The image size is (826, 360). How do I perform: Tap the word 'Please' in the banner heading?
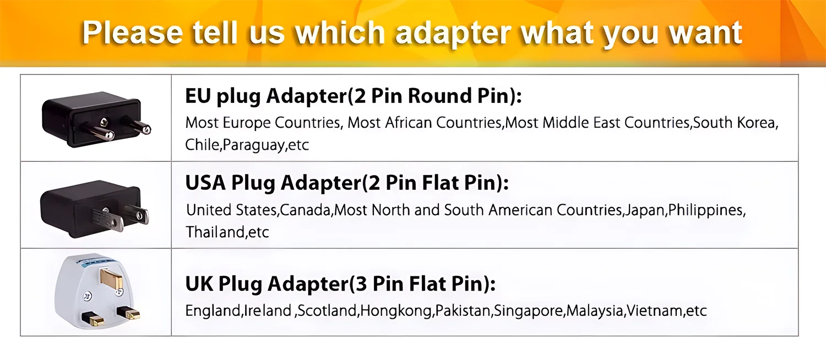pos(132,32)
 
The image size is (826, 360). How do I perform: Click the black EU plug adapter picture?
pos(96,119)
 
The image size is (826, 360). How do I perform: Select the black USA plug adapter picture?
pos(95,209)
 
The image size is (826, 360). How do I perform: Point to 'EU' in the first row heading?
pos(198,96)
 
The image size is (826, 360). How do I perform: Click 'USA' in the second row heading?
pos(205,183)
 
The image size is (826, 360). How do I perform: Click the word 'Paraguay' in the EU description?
pos(254,145)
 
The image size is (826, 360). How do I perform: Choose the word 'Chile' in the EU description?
pos(202,144)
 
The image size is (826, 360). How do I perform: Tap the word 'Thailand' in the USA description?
pos(215,232)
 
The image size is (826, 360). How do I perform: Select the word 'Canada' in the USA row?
pos(305,210)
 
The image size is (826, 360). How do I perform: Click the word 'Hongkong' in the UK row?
pos(396,311)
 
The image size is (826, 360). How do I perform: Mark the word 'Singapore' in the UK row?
pos(529,311)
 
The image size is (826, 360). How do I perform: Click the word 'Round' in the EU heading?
pos(439,96)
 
